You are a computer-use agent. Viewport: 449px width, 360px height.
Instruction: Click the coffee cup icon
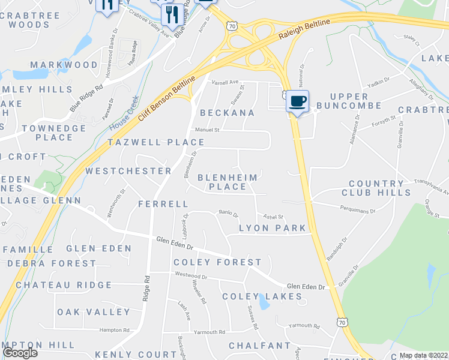pyautogui.click(x=297, y=100)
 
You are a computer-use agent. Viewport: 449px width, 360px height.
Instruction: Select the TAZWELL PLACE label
pyautogui.click(x=156, y=142)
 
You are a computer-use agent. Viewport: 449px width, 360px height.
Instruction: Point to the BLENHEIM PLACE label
pyautogui.click(x=228, y=182)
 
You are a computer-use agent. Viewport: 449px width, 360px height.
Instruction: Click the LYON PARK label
pyautogui.click(x=273, y=228)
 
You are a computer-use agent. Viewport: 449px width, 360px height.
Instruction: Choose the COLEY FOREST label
pyautogui.click(x=217, y=262)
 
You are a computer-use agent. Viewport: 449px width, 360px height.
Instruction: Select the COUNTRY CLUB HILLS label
pyautogui.click(x=376, y=188)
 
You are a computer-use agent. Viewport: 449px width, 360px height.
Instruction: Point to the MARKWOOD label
pyautogui.click(x=64, y=65)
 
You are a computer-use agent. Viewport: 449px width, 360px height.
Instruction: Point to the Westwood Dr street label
pyautogui.click(x=191, y=277)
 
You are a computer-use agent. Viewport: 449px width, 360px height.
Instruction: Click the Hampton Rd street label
pyautogui.click(x=115, y=330)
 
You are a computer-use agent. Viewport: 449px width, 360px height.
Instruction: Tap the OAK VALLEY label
pyautogui.click(x=94, y=312)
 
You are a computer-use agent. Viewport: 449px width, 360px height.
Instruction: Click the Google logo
pyautogui.click(x=20, y=353)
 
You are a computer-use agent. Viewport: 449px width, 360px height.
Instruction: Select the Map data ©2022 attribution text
pyautogui.click(x=423, y=355)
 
